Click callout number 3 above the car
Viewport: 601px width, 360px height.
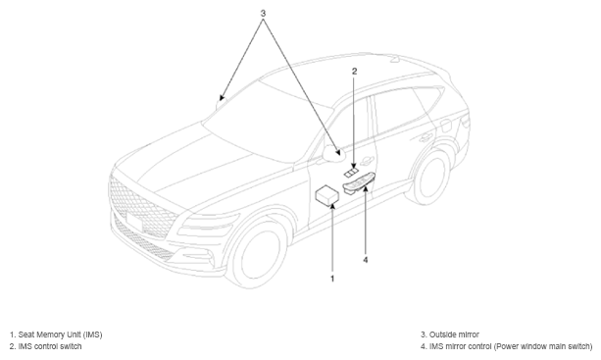pyautogui.click(x=263, y=14)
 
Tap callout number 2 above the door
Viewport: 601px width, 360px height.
pyautogui.click(x=355, y=71)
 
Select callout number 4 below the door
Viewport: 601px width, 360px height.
pyautogui.click(x=366, y=260)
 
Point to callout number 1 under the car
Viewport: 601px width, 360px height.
pyautogui.click(x=332, y=279)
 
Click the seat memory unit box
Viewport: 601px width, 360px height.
pyautogui.click(x=326, y=195)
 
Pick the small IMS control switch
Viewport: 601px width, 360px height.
pyautogui.click(x=351, y=172)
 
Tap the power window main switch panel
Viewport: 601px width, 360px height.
pyautogui.click(x=359, y=183)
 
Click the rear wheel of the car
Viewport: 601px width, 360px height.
pyautogui.click(x=430, y=176)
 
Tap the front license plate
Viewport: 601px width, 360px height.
pyautogui.click(x=133, y=223)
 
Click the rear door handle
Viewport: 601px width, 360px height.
pyautogui.click(x=426, y=137)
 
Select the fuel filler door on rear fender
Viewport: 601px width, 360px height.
pyautogui.click(x=445, y=125)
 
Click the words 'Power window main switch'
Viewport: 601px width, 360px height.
pyautogui.click(x=542, y=346)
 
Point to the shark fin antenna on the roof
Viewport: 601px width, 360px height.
pyautogui.click(x=395, y=59)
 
